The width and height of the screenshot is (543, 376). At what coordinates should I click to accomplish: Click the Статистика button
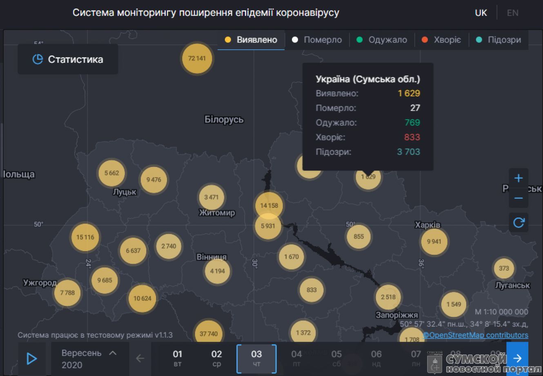(x=68, y=60)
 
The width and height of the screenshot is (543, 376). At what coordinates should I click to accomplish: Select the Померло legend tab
(x=317, y=40)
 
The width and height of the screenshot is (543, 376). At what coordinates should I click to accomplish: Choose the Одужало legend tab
(x=382, y=40)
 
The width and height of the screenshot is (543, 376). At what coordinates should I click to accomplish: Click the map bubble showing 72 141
(x=197, y=58)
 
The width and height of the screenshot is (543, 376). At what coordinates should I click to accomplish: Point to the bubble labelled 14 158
(x=269, y=205)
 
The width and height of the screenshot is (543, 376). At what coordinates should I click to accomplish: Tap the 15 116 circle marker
(x=85, y=237)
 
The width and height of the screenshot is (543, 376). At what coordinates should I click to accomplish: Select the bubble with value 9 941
(x=434, y=241)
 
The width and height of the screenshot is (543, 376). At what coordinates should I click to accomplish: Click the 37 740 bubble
(x=209, y=334)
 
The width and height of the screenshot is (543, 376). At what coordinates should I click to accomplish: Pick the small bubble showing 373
(x=504, y=268)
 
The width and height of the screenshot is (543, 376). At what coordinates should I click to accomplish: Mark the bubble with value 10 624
(x=142, y=298)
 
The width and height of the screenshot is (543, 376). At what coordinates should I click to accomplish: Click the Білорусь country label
(x=224, y=120)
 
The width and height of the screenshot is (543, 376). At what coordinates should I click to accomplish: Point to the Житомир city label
(x=217, y=213)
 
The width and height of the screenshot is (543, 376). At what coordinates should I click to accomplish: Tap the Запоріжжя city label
(x=396, y=315)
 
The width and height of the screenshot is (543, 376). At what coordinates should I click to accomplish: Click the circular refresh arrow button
(x=519, y=222)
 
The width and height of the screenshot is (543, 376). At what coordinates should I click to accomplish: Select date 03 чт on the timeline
(x=256, y=358)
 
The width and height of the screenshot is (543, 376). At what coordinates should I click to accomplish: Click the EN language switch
(x=512, y=13)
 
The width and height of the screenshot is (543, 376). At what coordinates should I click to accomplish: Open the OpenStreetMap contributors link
(x=476, y=335)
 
